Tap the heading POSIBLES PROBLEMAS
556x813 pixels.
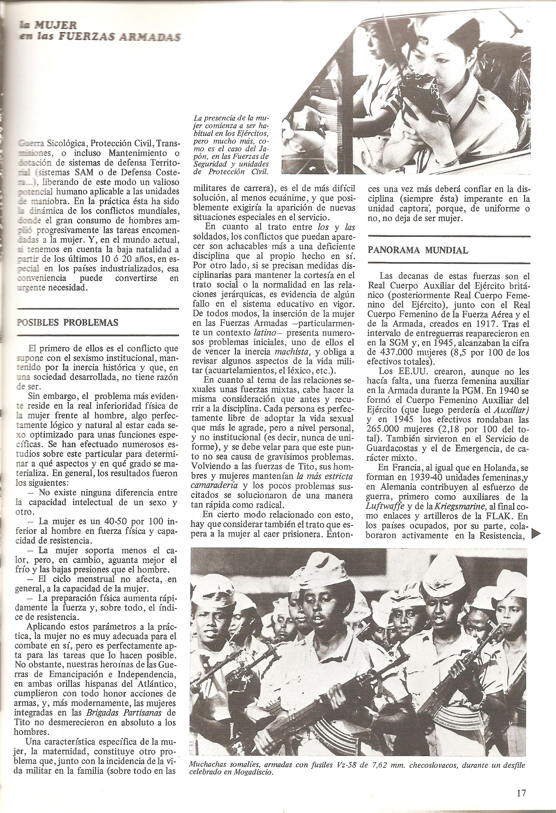click(67, 322)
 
